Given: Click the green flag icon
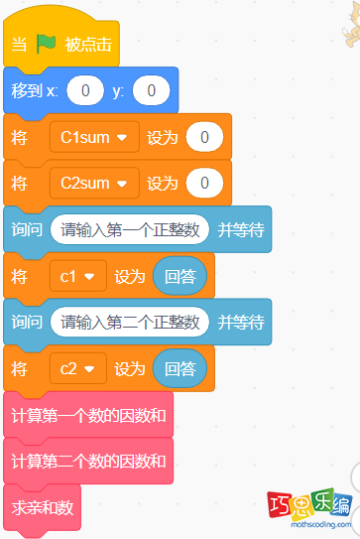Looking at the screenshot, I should [47, 45].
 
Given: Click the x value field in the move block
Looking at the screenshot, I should [85, 90].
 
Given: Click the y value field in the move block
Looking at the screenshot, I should [151, 90].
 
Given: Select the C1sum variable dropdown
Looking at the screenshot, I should [94, 137].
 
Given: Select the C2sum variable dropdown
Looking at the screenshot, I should [94, 183].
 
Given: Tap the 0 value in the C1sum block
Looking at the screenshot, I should [203, 137].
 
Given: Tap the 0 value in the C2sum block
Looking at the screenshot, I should [203, 183].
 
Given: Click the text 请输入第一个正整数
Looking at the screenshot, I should [130, 229].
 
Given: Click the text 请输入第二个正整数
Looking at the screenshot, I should [130, 322].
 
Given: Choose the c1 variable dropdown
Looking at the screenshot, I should [78, 276].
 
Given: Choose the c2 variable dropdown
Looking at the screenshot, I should [78, 369].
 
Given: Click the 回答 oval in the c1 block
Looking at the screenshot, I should [180, 276].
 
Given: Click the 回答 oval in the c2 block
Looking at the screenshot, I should [180, 369].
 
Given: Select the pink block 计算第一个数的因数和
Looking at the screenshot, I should [88, 415].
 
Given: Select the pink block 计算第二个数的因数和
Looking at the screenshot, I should [88, 462].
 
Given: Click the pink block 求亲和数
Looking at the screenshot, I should [43, 507].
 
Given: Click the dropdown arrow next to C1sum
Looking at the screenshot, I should [123, 138].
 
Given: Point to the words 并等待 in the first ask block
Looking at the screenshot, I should [241, 229].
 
